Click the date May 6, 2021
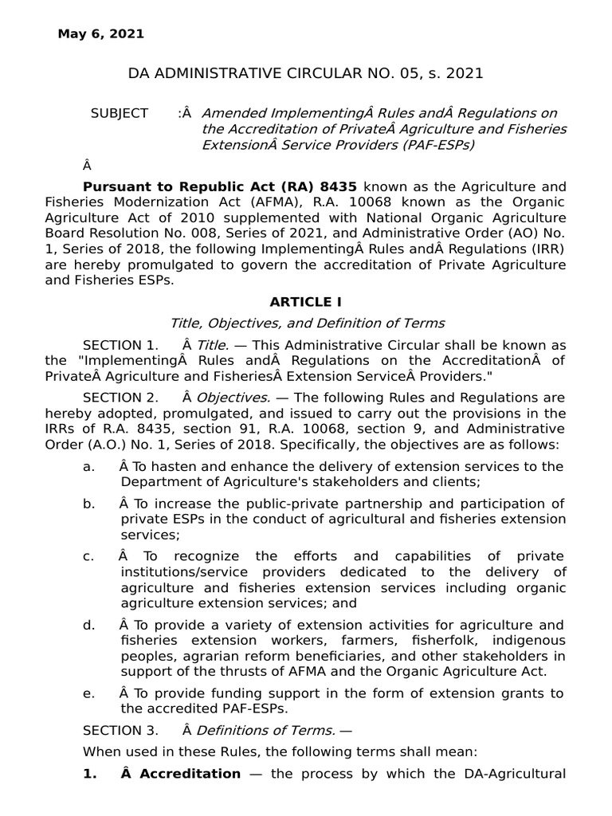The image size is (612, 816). tap(101, 33)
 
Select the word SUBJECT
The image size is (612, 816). tap(120, 113)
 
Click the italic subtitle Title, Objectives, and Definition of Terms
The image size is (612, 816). tap(307, 324)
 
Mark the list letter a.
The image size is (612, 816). tap(88, 466)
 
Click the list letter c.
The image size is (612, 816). tap(88, 556)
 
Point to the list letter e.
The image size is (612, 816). tap(88, 693)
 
